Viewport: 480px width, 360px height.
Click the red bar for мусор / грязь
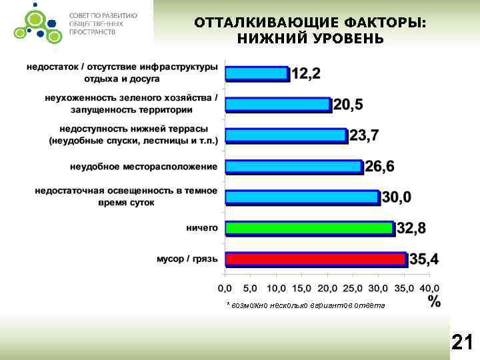[x=315, y=259]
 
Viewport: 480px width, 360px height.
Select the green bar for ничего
[x=309, y=228]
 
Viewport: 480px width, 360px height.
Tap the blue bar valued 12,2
[x=257, y=73]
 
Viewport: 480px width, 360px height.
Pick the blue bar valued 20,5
[x=278, y=104]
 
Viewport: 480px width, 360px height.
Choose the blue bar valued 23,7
[x=286, y=135]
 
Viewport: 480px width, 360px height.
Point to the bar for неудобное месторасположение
[x=293, y=166]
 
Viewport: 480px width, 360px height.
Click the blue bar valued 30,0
[x=302, y=197]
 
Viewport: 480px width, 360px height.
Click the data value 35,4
[x=424, y=259]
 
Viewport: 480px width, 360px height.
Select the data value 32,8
[x=411, y=229]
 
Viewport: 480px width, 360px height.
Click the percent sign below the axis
[x=434, y=301]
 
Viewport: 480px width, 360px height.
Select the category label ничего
[x=202, y=228]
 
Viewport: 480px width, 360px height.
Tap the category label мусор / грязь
[x=187, y=259]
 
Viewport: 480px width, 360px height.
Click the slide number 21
[x=462, y=343]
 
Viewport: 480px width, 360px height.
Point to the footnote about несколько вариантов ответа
[x=305, y=305]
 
